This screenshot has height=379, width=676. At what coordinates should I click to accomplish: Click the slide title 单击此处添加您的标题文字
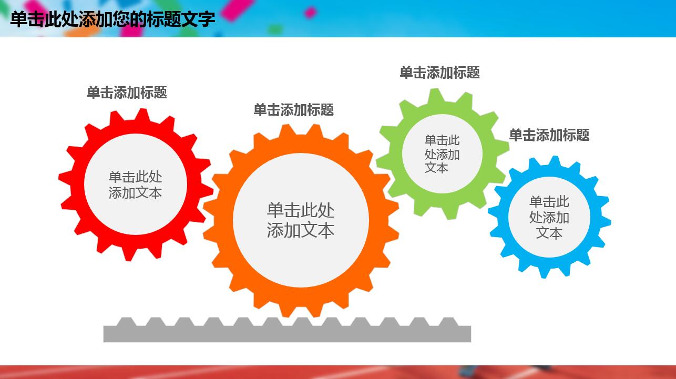pos(112,19)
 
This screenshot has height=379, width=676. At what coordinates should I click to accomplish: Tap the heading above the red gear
pos(127,93)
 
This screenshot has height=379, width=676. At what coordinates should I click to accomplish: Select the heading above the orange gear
pos(293,110)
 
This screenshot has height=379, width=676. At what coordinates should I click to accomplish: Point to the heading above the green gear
pos(439,73)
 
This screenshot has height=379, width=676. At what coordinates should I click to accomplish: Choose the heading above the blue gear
pos(549,135)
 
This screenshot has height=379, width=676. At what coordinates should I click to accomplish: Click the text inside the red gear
pos(135,185)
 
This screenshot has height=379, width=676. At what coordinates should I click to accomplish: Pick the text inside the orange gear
pos(301,220)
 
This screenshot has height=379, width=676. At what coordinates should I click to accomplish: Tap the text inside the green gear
pos(442,154)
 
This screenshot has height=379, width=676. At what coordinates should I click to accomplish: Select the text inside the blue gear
pos(549,217)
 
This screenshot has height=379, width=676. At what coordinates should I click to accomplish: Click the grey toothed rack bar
pos(287,334)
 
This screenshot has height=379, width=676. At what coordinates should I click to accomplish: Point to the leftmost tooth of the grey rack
pos(126,321)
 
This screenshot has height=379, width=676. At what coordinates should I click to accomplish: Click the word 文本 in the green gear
pos(436,168)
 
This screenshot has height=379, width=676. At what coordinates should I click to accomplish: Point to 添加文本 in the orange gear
pos(301,230)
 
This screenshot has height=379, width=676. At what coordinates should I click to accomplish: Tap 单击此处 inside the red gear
pos(135,177)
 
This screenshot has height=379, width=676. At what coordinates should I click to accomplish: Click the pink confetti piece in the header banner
pos(311,12)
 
